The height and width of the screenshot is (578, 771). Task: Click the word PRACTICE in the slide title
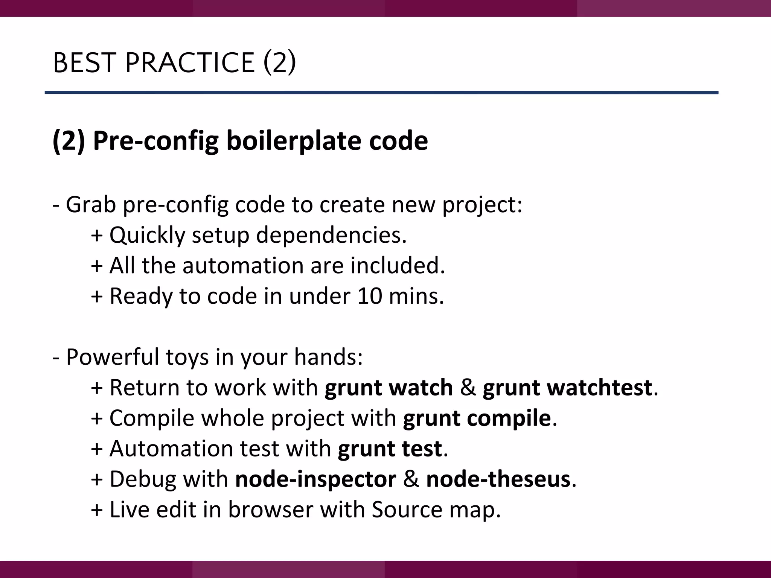[190, 62]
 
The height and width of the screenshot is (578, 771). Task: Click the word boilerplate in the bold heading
[294, 141]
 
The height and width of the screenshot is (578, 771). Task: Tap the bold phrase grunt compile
[477, 418]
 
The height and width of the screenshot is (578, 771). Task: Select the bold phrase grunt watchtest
[567, 388]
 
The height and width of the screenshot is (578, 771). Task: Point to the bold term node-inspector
[315, 479]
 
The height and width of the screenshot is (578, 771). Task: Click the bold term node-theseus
[498, 479]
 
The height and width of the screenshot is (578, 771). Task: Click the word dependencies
[331, 235]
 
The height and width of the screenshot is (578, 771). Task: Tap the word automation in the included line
[243, 266]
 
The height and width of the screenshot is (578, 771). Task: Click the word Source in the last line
[407, 510]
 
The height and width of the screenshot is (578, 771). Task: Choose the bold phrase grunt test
[390, 449]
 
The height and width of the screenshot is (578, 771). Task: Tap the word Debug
[143, 480]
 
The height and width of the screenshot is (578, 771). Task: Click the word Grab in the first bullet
[91, 205]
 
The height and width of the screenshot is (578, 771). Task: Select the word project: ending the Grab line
[482, 205]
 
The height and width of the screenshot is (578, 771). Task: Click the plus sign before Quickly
[97, 236]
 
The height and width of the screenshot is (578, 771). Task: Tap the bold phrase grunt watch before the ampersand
[389, 388]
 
